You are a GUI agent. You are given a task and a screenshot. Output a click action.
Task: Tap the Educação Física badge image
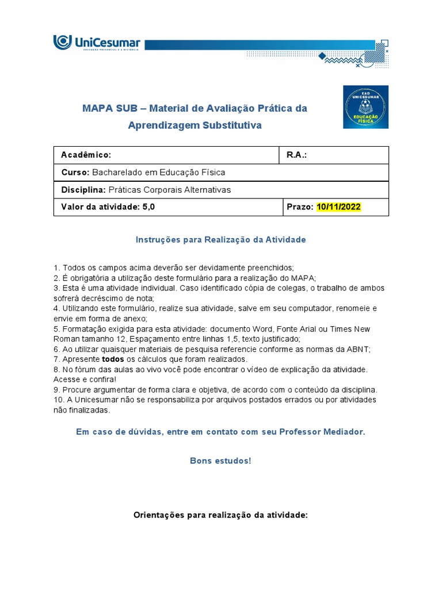pyautogui.click(x=365, y=107)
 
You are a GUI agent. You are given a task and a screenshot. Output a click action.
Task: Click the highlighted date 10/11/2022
pyautogui.click(x=339, y=207)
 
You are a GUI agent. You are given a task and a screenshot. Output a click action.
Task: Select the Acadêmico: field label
pyautogui.click(x=86, y=155)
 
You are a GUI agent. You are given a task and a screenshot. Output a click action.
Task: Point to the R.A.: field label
pyautogui.click(x=296, y=155)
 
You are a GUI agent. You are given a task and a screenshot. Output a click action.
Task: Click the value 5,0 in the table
pyautogui.click(x=148, y=207)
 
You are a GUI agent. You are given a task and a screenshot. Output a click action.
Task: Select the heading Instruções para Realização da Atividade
pyautogui.click(x=220, y=240)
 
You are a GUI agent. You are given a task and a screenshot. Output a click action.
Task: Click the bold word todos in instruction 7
pyautogui.click(x=113, y=359)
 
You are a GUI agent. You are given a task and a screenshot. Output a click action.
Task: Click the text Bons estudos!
pyautogui.click(x=220, y=461)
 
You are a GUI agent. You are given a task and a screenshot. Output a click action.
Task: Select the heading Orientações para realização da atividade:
pyautogui.click(x=221, y=516)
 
